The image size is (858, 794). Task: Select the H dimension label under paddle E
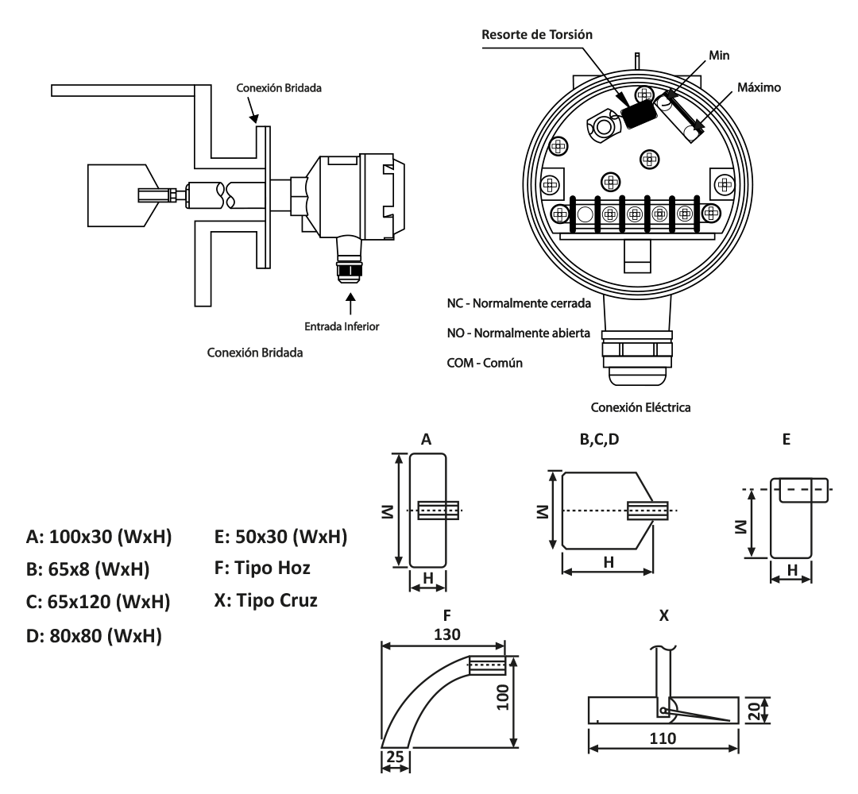pyautogui.click(x=791, y=571)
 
